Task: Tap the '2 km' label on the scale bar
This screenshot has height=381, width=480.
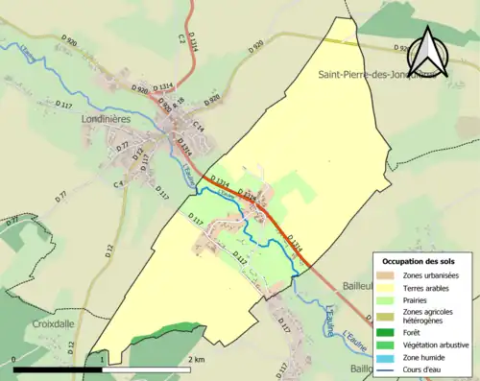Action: click(x=196, y=359)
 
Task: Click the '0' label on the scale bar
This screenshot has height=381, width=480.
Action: click(x=14, y=359)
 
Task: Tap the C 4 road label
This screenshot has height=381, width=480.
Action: click(x=120, y=182)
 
